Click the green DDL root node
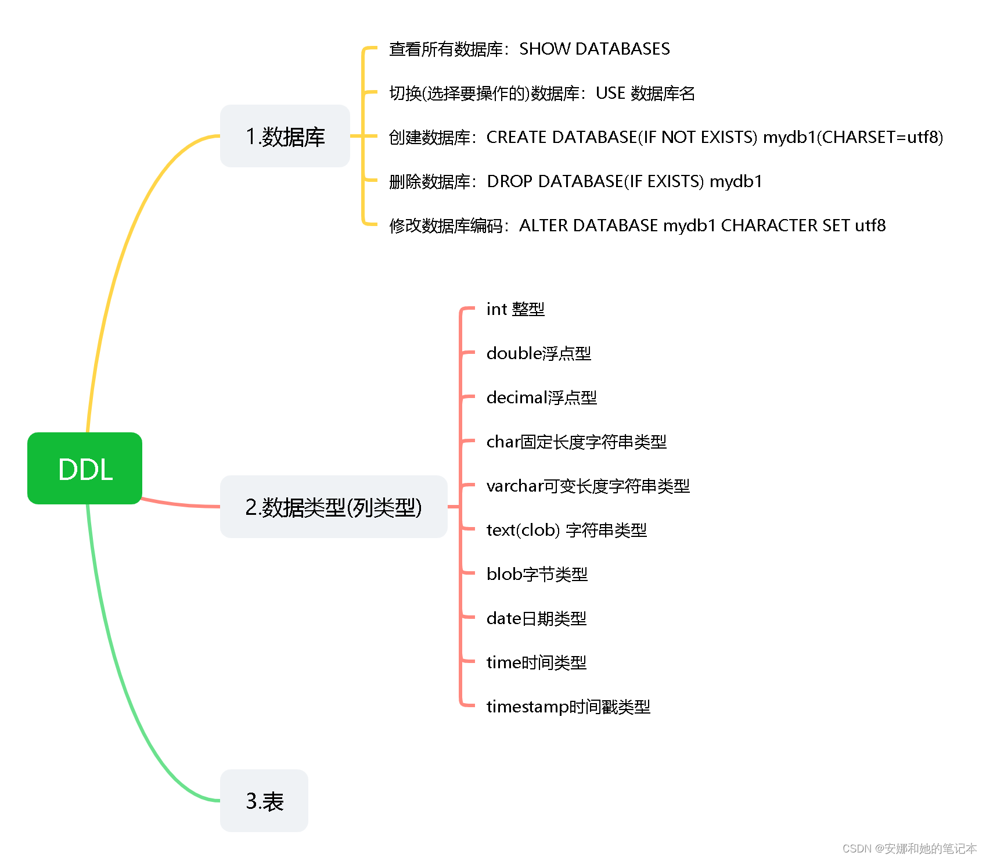[85, 468]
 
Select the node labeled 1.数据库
[285, 137]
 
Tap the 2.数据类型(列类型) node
[333, 507]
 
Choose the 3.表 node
[264, 801]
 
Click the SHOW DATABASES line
[529, 49]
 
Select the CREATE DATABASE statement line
[665, 137]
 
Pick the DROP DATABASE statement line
[575, 181]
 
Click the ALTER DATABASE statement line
[637, 225]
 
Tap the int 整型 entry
[515, 309]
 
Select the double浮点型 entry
[538, 353]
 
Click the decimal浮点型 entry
[541, 397]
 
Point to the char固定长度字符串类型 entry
[576, 442]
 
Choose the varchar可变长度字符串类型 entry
[588, 486]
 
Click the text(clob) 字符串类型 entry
[566, 530]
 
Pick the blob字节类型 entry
[537, 574]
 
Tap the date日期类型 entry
[536, 618]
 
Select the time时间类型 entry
[536, 662]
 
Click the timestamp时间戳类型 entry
[568, 707]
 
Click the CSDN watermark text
[909, 848]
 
